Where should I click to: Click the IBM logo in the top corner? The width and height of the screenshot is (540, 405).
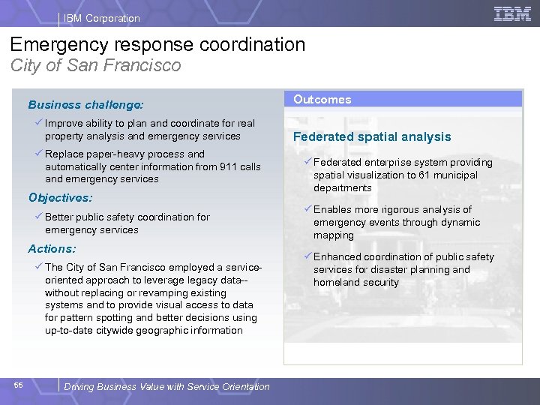click(512, 14)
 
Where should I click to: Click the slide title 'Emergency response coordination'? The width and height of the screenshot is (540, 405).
click(158, 44)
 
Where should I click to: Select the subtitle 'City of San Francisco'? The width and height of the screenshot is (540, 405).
click(96, 65)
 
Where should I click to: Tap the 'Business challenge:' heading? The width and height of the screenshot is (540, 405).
click(85, 105)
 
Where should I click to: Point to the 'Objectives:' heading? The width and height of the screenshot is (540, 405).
click(60, 198)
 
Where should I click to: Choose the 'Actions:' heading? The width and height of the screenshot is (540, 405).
click(52, 248)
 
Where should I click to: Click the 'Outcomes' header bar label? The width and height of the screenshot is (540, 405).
click(322, 99)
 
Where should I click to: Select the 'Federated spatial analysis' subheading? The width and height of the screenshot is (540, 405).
click(372, 136)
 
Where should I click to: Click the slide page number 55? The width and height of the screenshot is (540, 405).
click(19, 385)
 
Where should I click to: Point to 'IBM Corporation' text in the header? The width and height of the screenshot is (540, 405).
click(102, 18)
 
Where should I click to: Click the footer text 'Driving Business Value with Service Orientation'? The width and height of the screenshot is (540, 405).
click(166, 386)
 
